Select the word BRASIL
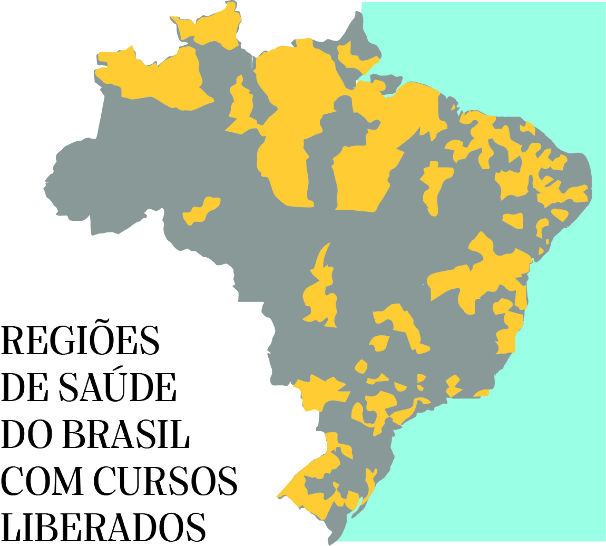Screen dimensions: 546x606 (126, 434)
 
